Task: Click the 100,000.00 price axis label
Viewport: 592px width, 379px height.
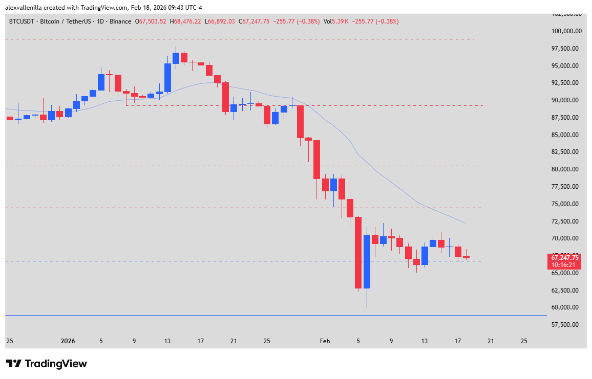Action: pos(566,31)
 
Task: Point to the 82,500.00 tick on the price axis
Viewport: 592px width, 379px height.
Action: pos(566,152)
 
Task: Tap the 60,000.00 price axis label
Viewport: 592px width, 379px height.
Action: pos(566,307)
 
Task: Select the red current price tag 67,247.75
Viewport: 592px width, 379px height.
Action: pos(565,258)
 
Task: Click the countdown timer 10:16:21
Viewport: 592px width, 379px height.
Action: pos(565,264)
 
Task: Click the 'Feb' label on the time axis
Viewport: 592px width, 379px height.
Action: pos(325,341)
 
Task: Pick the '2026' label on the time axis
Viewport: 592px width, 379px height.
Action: pos(68,341)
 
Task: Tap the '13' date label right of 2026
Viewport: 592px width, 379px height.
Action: pos(167,341)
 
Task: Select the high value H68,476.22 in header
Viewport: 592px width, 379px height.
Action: pos(187,21)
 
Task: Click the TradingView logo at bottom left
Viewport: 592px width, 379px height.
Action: pos(47,364)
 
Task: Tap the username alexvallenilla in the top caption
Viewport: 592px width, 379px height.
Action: pos(25,7)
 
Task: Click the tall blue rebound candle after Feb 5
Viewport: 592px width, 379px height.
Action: pos(367,261)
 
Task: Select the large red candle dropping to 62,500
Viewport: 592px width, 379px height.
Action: pos(358,253)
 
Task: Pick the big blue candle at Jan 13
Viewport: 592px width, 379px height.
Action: pos(167,77)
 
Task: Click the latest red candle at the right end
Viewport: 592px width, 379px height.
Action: pos(466,257)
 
